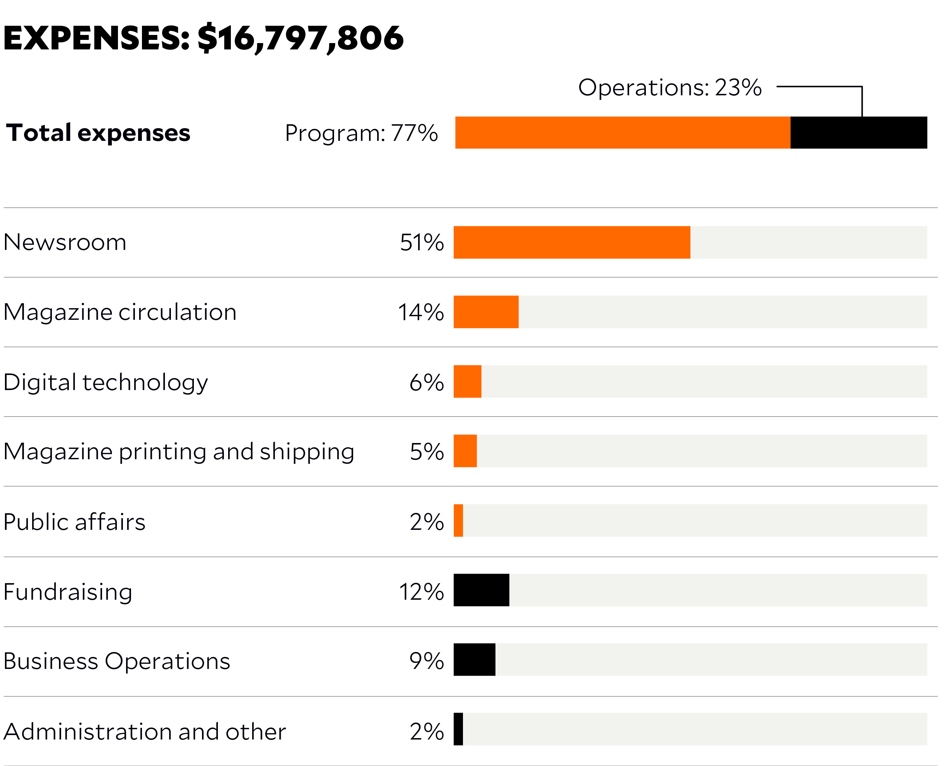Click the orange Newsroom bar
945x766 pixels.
(x=572, y=242)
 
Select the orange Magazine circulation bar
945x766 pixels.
(x=486, y=312)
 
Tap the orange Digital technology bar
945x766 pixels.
(x=468, y=382)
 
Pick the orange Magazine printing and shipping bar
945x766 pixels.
(x=465, y=451)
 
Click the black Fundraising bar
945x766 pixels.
(x=481, y=590)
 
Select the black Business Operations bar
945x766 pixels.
(x=475, y=660)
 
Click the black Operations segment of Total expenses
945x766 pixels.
(x=858, y=133)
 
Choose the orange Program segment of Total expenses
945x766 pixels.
(x=622, y=133)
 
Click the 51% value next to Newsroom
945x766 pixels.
(x=422, y=243)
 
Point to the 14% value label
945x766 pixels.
(x=421, y=312)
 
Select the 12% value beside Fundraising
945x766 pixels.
(x=421, y=592)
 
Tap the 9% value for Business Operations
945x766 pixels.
(x=426, y=661)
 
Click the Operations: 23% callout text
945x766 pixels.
(x=670, y=88)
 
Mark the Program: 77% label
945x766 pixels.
(x=361, y=133)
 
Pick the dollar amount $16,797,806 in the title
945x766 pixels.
(x=300, y=38)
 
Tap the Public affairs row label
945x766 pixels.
(x=74, y=522)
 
